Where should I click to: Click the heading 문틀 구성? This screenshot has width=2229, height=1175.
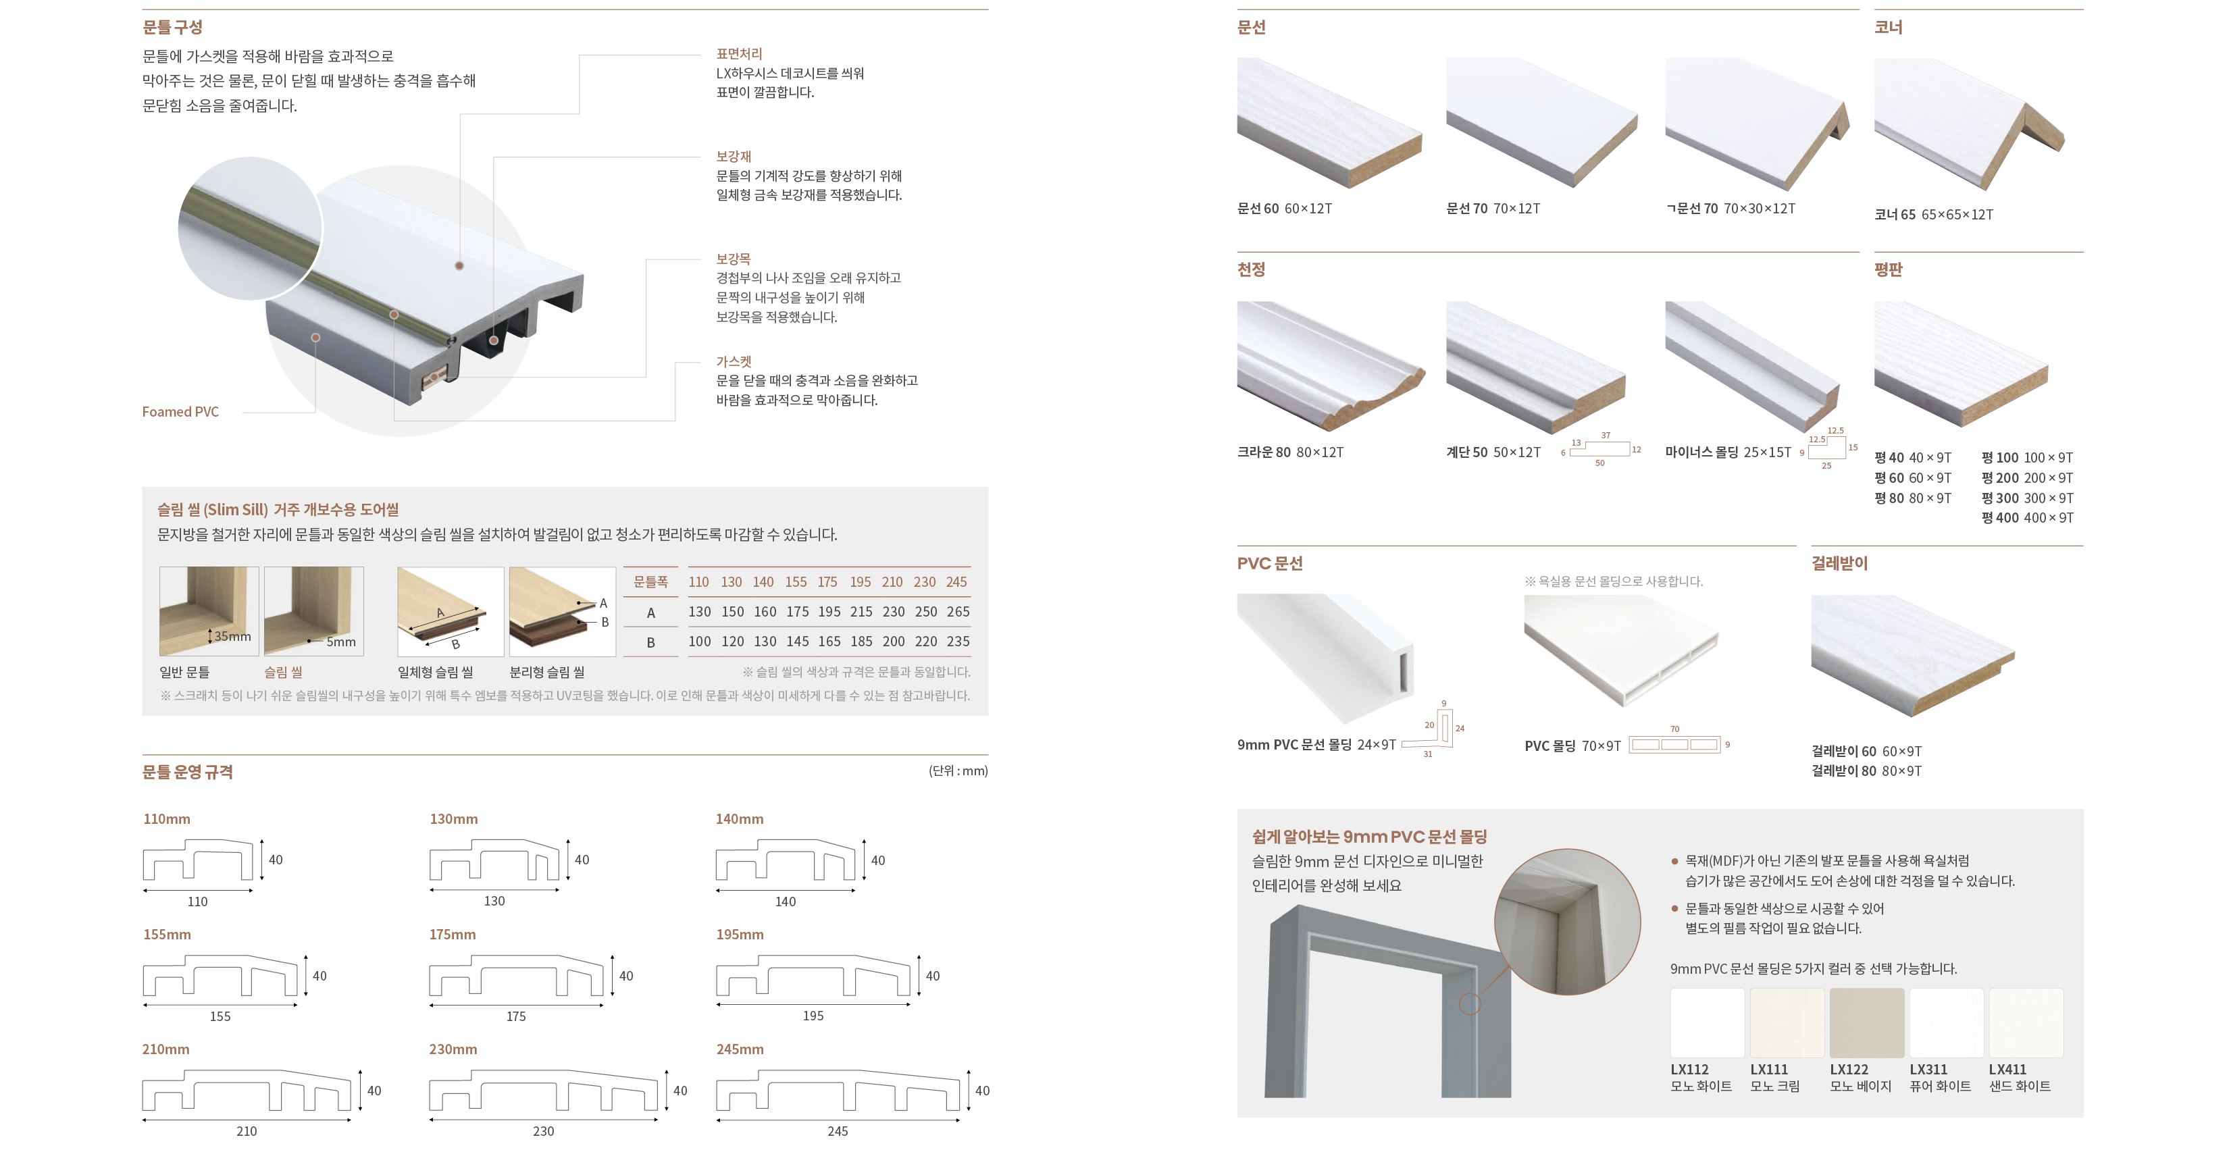coord(172,27)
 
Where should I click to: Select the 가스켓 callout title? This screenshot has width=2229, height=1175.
coord(734,362)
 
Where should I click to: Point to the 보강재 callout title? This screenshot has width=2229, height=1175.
coord(734,157)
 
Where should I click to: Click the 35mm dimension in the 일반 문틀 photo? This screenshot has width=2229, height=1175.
coord(232,636)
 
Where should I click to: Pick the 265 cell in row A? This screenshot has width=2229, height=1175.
coord(958,612)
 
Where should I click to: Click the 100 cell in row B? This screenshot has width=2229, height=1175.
coord(699,641)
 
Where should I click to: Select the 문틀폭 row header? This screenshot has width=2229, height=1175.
coord(650,582)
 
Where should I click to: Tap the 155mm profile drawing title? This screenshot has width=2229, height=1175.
coord(167,935)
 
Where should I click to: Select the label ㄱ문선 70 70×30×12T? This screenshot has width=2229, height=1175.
coord(1731,209)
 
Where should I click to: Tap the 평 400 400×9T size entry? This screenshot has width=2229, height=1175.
coord(2028,517)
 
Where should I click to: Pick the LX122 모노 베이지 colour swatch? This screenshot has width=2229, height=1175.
coord(1866,1022)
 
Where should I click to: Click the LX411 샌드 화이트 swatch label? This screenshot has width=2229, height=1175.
coord(2020,1078)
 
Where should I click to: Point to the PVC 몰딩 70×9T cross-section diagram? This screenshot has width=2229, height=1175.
coord(1674,745)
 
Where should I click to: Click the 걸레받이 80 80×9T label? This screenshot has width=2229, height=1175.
coord(1866,771)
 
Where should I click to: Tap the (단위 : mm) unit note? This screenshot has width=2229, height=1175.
coord(958,771)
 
